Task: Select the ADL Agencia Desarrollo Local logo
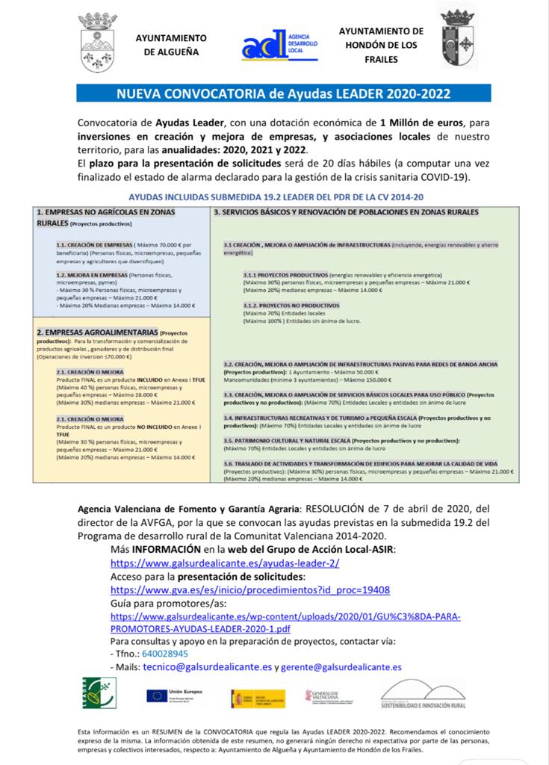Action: click(280, 45)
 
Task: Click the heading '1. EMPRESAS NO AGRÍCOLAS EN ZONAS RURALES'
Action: click(116, 217)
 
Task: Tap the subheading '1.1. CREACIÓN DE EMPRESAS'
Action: click(93, 244)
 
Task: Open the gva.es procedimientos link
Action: click(249, 589)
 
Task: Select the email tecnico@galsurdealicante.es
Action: click(208, 666)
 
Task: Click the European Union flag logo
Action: click(157, 696)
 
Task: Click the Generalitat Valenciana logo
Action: click(329, 696)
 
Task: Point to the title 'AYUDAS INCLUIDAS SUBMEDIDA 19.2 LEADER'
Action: click(276, 197)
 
